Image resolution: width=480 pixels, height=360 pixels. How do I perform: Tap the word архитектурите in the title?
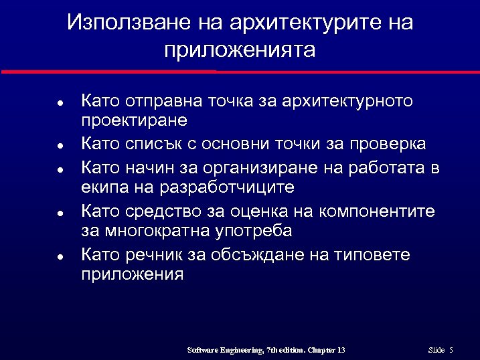[x=297, y=23]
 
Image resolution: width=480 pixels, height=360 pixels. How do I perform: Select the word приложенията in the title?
[x=239, y=50]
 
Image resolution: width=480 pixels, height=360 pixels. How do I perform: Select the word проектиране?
[x=134, y=120]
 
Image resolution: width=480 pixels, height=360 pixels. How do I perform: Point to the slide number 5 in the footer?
[x=451, y=350]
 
